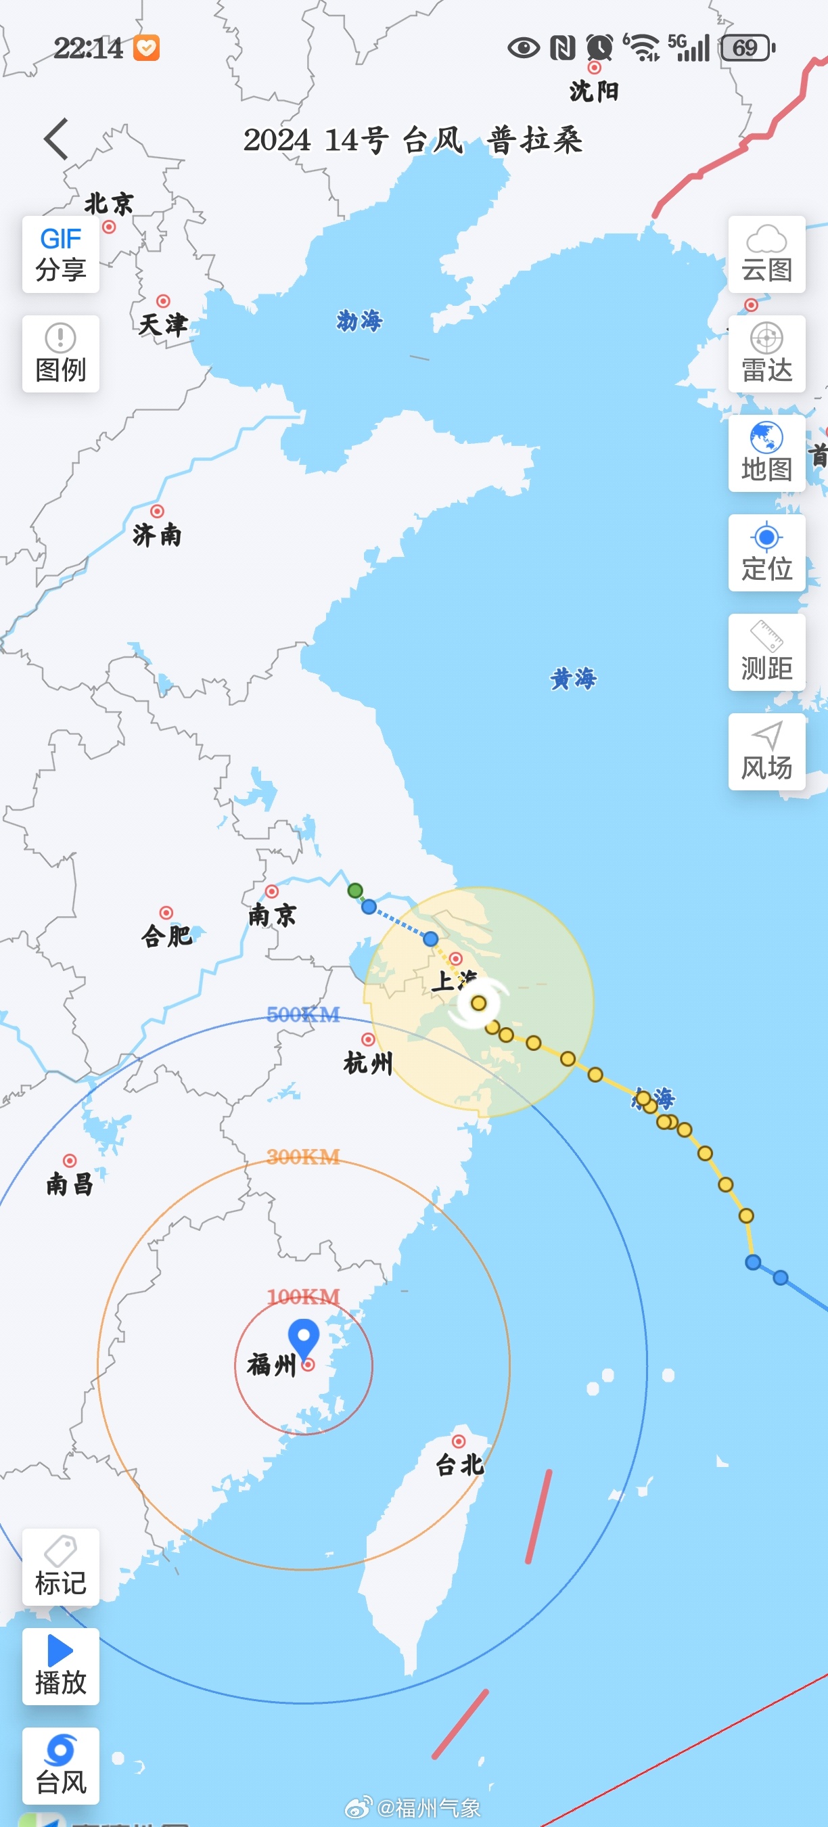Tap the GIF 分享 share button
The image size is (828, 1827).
point(61,254)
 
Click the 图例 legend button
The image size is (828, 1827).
point(61,354)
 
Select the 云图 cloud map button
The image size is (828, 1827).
point(766,254)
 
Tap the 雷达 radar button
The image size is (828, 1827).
point(766,354)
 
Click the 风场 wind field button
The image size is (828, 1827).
point(766,752)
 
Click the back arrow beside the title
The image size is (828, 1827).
point(57,139)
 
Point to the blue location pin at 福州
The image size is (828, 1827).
point(304,1336)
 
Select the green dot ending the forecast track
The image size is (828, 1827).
point(355,890)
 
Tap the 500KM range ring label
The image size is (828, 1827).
point(302,1014)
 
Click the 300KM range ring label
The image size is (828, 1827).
point(302,1157)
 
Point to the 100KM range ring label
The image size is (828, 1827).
point(302,1296)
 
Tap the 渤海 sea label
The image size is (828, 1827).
point(359,321)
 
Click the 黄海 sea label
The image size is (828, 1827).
point(574,679)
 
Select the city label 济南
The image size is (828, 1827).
point(158,535)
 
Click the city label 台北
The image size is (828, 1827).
point(459,1464)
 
